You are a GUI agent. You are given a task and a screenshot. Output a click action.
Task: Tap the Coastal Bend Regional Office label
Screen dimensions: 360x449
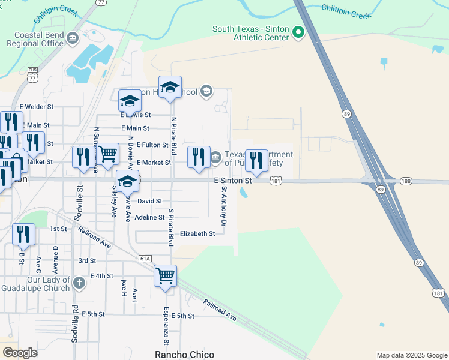click(x=35, y=39)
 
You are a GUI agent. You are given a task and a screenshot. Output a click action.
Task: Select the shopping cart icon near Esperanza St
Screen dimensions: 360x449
click(x=166, y=277)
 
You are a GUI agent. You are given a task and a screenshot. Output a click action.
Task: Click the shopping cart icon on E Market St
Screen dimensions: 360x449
click(x=108, y=154)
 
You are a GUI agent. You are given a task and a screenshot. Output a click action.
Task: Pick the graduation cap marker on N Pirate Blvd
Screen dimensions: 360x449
click(x=170, y=88)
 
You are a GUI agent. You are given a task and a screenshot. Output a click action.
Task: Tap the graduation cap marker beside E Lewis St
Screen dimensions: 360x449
click(x=130, y=100)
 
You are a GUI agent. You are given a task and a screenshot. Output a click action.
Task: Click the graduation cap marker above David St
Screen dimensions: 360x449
click(x=127, y=182)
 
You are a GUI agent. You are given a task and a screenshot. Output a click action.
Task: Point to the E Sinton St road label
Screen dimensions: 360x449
click(x=232, y=181)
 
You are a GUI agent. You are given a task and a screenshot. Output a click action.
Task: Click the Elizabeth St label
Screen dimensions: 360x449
click(x=197, y=233)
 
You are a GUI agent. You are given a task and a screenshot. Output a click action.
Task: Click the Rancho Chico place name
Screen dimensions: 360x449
click(x=184, y=354)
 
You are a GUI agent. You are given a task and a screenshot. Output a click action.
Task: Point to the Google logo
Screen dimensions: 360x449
click(x=20, y=353)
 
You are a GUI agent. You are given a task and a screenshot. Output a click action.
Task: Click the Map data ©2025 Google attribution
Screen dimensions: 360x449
click(x=411, y=355)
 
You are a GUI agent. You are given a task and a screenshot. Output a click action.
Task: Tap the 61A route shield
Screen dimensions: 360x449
click(x=145, y=258)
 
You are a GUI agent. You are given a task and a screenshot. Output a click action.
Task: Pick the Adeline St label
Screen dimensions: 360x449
click(x=149, y=217)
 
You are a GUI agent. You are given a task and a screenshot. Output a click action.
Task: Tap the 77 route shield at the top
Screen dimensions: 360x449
click(x=101, y=2)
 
